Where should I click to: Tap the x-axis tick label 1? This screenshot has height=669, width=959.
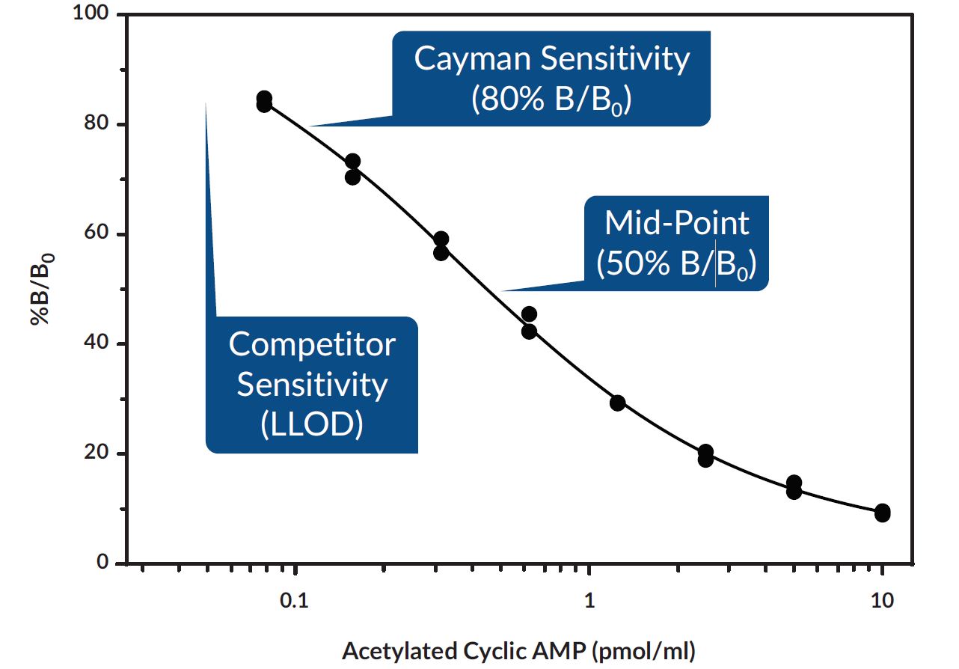click(589, 602)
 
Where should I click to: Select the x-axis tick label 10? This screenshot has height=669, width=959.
click(883, 602)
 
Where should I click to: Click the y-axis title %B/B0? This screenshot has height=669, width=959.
click(40, 288)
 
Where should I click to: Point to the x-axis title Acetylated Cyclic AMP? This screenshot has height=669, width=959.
click(465, 649)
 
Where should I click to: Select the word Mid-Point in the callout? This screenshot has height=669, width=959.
click(676, 223)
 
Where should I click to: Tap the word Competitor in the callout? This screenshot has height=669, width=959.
click(312, 345)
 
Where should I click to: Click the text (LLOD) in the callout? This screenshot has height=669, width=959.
click(312, 424)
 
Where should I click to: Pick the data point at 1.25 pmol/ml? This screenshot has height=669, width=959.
click(617, 403)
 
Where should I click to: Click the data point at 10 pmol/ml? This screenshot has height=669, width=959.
click(883, 513)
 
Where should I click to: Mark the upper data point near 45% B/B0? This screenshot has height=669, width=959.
click(529, 314)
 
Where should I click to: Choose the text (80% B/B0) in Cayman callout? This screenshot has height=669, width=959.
click(551, 101)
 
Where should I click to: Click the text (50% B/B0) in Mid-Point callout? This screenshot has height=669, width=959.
click(676, 264)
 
